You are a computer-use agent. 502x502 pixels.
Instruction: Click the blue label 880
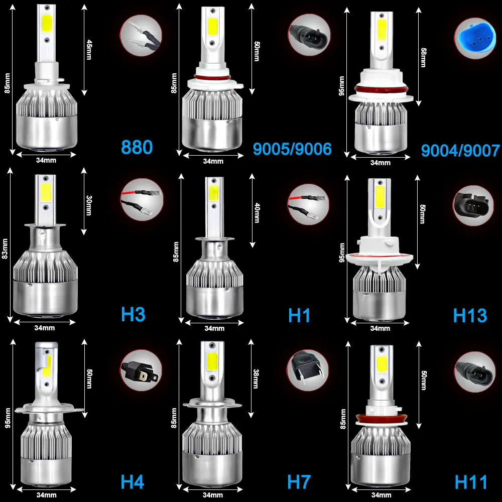pyautogui.click(x=137, y=148)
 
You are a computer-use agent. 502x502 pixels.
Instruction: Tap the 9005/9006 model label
pyautogui.click(x=292, y=149)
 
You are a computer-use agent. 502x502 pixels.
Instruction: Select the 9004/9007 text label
pyautogui.click(x=460, y=150)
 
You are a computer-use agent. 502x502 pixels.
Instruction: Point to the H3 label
pyautogui.click(x=133, y=315)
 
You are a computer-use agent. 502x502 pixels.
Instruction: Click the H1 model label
pyautogui.click(x=299, y=315)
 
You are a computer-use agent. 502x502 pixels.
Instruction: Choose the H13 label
pyautogui.click(x=470, y=315)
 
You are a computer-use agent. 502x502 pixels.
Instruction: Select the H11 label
pyautogui.click(x=471, y=482)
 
